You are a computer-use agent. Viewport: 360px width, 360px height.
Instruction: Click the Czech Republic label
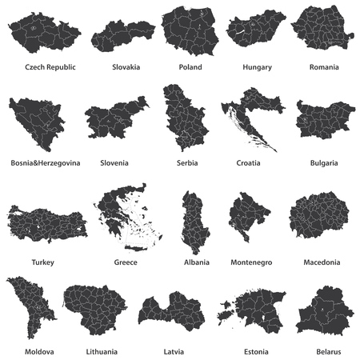[x=50, y=67]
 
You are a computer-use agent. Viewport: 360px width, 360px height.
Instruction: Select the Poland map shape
[x=190, y=30]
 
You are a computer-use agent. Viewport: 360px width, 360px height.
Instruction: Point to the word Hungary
[x=258, y=67]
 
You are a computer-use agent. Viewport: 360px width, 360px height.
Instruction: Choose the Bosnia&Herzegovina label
[x=46, y=162]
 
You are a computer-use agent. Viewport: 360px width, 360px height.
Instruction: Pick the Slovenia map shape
[x=115, y=118]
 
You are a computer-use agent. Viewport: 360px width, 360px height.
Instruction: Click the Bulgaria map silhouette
[x=324, y=120]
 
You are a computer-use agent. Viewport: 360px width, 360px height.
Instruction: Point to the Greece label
[x=126, y=262]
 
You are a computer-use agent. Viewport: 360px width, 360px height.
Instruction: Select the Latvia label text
[x=173, y=351]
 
